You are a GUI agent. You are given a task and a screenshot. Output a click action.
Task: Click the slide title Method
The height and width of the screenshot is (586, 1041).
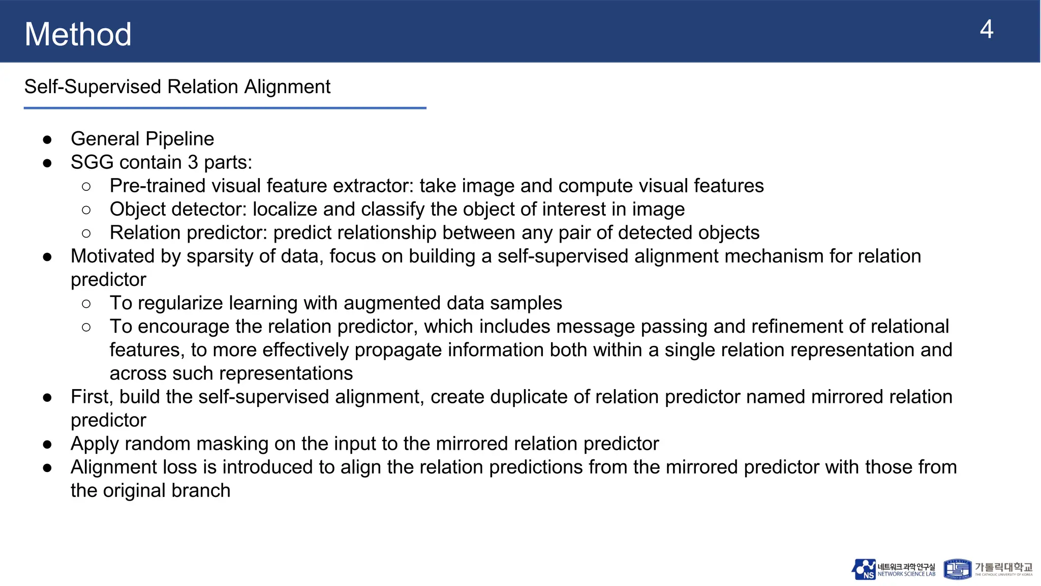[x=78, y=34]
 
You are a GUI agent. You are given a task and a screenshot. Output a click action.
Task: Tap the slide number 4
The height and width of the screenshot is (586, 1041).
[x=986, y=30]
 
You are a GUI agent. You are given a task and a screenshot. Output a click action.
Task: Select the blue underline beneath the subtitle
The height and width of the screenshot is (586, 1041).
[x=225, y=108]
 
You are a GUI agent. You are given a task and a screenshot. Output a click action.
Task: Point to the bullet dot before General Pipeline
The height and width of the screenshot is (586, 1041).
[x=48, y=139]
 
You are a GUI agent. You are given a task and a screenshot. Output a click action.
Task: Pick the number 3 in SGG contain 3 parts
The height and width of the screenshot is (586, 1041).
[x=193, y=162]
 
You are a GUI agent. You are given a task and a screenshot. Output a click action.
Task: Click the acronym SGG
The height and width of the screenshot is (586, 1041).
[x=92, y=162]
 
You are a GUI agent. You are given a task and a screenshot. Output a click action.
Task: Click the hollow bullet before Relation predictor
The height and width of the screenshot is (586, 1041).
[x=86, y=233]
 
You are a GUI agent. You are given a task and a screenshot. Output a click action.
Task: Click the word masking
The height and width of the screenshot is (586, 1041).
[x=232, y=444]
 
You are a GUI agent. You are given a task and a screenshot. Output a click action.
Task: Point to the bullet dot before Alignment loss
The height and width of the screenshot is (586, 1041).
[x=48, y=468]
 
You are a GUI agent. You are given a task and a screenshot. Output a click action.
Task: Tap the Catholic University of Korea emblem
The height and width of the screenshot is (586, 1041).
[x=957, y=569]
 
